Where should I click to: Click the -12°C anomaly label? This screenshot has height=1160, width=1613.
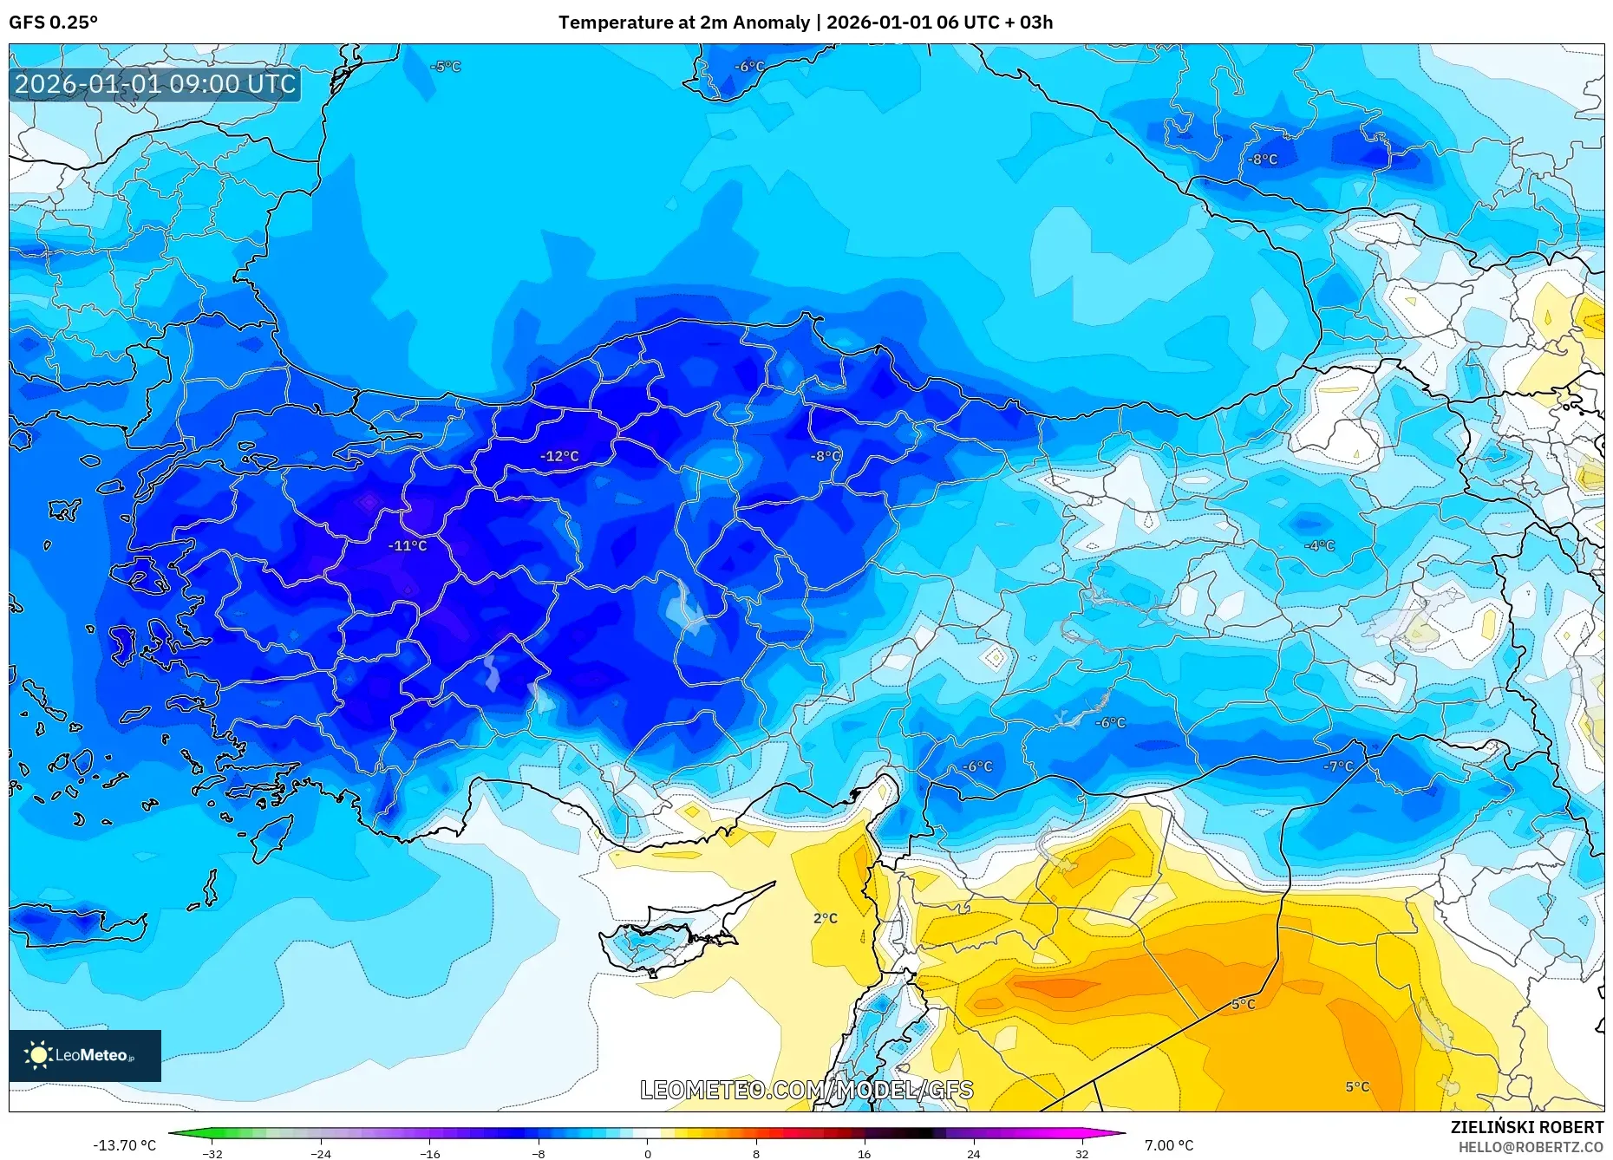click(559, 456)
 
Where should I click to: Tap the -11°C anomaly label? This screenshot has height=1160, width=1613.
click(408, 546)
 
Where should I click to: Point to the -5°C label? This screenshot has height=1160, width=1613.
click(446, 67)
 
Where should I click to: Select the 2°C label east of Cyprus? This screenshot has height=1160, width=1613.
click(825, 918)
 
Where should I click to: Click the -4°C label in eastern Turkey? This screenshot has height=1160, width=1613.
click(1319, 545)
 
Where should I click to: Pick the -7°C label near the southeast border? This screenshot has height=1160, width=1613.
click(1338, 766)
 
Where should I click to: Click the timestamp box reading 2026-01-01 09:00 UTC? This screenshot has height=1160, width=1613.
click(155, 84)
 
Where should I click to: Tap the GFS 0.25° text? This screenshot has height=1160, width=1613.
click(53, 23)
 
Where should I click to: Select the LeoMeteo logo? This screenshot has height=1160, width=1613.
click(84, 1055)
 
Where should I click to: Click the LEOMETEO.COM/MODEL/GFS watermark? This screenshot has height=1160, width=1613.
click(806, 1090)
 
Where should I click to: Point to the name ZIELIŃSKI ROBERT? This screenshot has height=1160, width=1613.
click(1526, 1127)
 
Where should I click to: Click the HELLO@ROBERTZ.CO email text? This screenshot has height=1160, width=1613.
click(1530, 1147)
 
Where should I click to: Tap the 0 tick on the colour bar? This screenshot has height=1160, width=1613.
click(647, 1153)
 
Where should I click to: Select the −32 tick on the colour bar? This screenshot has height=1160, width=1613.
click(212, 1153)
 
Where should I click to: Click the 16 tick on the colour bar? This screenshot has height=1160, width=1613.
click(865, 1153)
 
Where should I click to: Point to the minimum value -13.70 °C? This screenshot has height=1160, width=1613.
click(125, 1145)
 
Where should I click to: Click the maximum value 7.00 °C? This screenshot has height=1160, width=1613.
click(1168, 1145)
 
